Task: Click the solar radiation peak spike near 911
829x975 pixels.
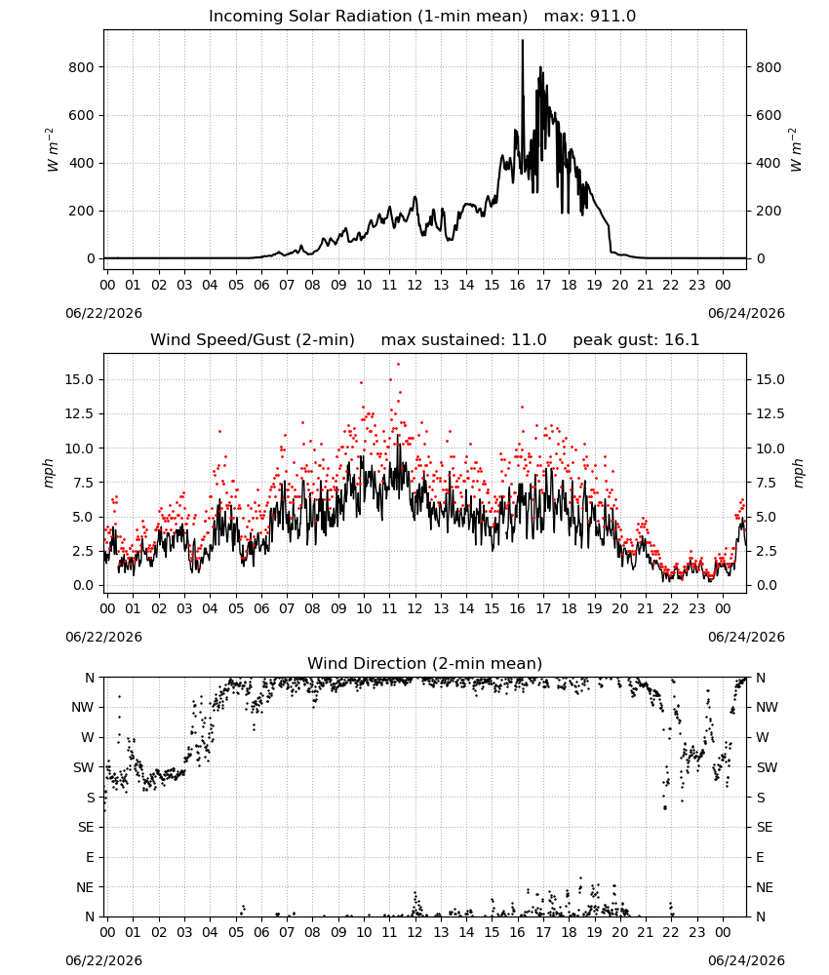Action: (x=523, y=41)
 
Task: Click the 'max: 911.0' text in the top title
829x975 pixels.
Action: (x=590, y=17)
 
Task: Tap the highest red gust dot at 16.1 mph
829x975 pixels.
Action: (x=398, y=365)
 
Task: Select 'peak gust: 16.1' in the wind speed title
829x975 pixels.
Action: (x=636, y=340)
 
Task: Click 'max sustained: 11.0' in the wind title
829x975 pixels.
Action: (x=463, y=340)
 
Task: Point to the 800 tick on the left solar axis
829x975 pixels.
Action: (x=82, y=67)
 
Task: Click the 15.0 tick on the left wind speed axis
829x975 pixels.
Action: (x=80, y=379)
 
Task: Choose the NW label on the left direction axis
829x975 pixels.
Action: (x=83, y=708)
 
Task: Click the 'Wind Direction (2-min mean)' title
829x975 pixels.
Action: (x=425, y=663)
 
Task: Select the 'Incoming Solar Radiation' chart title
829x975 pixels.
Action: (x=310, y=17)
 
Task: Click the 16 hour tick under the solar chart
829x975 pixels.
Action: (x=518, y=285)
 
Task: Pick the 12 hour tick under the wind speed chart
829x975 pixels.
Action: (x=414, y=608)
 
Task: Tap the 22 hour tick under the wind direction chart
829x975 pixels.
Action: (x=671, y=931)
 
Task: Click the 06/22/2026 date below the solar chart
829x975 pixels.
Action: (x=103, y=313)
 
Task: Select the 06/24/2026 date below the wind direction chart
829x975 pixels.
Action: (x=746, y=960)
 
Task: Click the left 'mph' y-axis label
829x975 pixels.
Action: (x=49, y=473)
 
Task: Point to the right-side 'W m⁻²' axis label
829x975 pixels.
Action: (x=796, y=149)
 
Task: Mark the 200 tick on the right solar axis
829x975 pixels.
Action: (x=769, y=211)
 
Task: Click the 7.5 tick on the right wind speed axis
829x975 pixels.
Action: (x=767, y=483)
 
